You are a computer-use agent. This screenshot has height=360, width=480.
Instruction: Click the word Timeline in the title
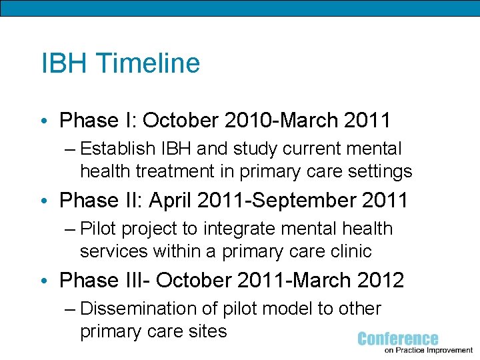[148, 63]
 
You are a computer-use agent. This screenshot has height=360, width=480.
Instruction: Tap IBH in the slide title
[65, 63]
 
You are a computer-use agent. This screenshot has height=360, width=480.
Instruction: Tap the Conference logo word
[397, 339]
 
